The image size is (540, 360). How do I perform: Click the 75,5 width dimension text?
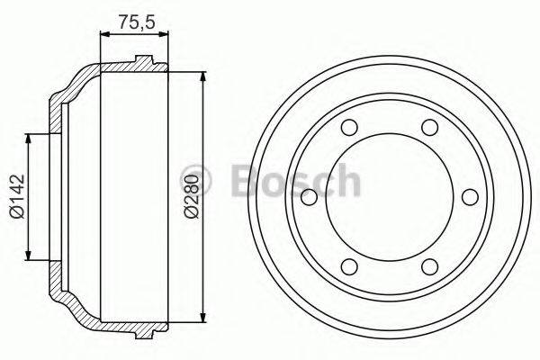pyautogui.click(x=133, y=19)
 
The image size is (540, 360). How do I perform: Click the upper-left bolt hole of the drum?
pyautogui.click(x=351, y=127)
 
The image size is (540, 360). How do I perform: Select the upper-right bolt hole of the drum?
pyautogui.click(x=430, y=127)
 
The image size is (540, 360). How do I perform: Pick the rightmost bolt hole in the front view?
pyautogui.click(x=469, y=196)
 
